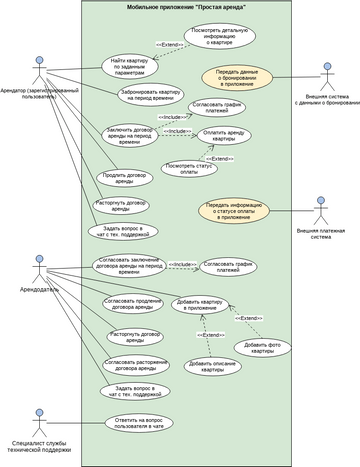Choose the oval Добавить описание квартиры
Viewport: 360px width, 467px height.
coord(213,367)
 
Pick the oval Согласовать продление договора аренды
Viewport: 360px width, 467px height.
coord(129,304)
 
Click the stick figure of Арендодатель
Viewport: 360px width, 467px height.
coord(39,268)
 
